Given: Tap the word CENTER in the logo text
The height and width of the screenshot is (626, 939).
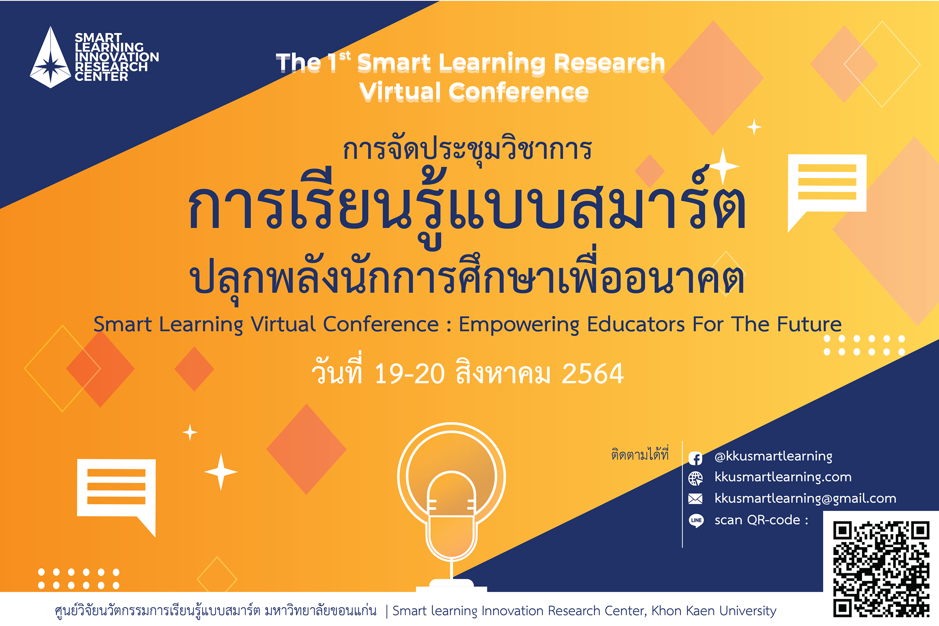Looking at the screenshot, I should coord(101,77).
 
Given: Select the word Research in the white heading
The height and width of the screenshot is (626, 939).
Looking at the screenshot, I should coord(609,63).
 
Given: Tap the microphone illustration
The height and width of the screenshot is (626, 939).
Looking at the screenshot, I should coord(451,509).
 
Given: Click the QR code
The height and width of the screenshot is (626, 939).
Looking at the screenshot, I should coord(881,569).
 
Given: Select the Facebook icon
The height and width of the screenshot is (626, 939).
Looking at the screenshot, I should coord(696,458).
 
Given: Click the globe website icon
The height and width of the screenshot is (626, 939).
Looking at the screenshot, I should coord(696,478).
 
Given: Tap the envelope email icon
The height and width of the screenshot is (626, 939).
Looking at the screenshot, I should coord(696,499).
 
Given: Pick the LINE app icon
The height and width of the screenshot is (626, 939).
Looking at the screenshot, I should coord(696,520).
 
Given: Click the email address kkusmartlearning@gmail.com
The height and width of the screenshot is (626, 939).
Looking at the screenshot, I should coord(805,499).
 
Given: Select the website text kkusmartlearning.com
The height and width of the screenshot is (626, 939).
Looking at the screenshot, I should coord(783,477).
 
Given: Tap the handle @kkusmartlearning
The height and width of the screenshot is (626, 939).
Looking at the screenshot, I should coord(773,456).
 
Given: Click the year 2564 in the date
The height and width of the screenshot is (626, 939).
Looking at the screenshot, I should coord(592,374).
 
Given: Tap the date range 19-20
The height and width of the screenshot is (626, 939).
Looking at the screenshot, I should coord(409,374).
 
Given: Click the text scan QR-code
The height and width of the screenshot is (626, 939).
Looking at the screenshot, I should coord(761,520).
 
